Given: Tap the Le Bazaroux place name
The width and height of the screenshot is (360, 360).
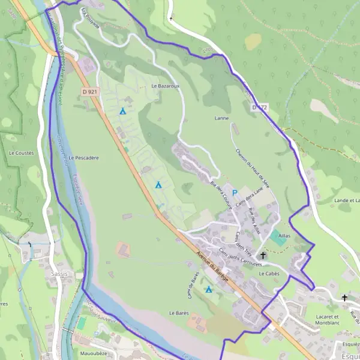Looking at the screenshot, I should tap(165, 86).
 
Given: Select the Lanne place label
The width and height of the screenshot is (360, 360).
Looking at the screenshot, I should tap(221, 118).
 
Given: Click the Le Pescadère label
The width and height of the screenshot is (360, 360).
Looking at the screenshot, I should tap(83, 158).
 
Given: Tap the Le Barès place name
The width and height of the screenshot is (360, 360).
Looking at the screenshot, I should tap(179, 313).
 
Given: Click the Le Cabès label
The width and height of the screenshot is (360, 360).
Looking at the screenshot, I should tap(269, 273).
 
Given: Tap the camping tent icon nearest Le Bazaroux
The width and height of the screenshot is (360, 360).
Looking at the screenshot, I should tap(122, 111).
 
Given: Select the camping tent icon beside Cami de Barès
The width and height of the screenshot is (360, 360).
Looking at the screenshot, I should tap(209, 290).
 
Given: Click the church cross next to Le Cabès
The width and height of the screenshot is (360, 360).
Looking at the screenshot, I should tap(263, 256).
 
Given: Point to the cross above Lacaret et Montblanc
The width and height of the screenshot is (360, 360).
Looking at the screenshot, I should tap(344, 298).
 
